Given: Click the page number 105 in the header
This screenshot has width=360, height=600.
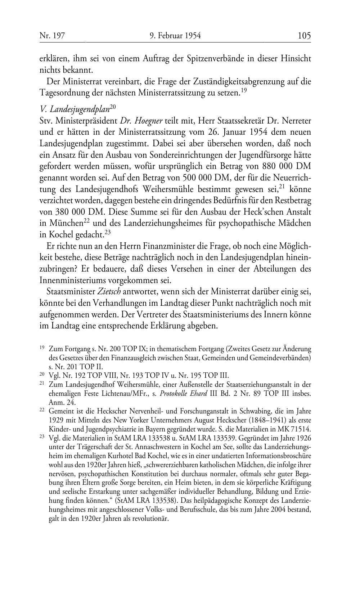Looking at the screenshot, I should pyautogui.click(x=304, y=36).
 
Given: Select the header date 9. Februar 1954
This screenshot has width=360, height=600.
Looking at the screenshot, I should pyautogui.click(x=175, y=36).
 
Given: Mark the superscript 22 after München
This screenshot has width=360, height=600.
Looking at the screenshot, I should pyautogui.click(x=87, y=220).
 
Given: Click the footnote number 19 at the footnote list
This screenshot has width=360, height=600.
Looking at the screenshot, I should pyautogui.click(x=42, y=348).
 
